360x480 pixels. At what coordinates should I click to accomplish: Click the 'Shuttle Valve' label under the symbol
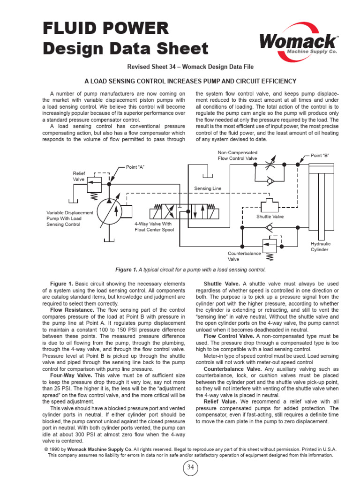point(270,217)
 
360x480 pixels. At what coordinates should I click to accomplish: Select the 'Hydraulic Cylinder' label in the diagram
point(320,247)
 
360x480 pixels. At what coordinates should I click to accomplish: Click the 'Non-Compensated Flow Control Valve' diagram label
point(237,156)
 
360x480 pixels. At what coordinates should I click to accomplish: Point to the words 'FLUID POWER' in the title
point(105,29)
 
